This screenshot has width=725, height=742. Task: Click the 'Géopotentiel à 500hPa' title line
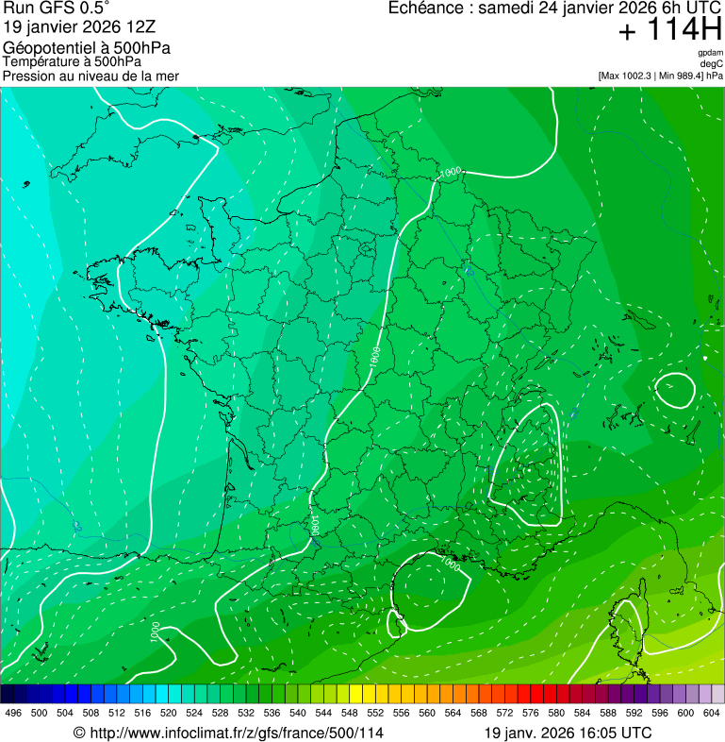click(87, 47)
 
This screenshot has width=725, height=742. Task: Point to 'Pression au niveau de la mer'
click(91, 76)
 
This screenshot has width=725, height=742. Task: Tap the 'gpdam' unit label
click(710, 53)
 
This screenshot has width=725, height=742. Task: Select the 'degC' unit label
click(712, 64)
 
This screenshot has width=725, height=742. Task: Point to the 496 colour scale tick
click(13, 712)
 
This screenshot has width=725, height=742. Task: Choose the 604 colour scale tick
click(712, 712)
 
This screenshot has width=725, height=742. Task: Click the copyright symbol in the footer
click(79, 733)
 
